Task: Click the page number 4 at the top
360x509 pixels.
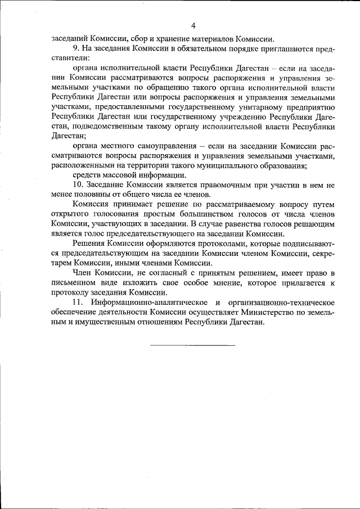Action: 193,25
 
